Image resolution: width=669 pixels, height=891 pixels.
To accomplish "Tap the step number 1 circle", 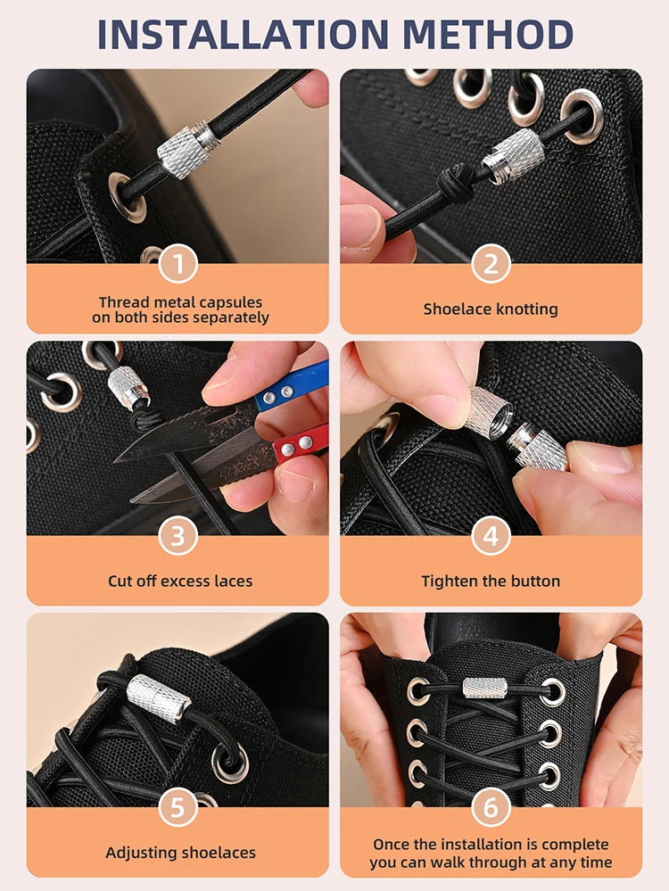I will [x=178, y=265].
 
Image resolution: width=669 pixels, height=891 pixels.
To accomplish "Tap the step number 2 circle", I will [x=491, y=265].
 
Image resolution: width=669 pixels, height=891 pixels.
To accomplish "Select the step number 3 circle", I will [x=178, y=536].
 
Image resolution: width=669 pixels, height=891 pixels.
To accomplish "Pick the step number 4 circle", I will [x=491, y=536].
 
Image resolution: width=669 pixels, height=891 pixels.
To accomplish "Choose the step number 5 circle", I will [x=178, y=808].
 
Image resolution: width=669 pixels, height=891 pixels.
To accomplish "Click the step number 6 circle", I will [x=491, y=808].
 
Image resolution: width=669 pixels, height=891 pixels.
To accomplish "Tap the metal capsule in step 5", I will [x=159, y=697].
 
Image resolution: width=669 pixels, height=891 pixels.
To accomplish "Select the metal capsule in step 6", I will [x=485, y=688].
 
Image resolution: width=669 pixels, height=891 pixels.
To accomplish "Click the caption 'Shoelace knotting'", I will [x=491, y=309].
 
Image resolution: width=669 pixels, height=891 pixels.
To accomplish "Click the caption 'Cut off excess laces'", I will [x=180, y=582].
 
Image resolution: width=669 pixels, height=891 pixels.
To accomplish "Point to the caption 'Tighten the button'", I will [x=491, y=582].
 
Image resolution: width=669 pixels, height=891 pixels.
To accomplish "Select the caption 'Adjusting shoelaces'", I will [x=180, y=854].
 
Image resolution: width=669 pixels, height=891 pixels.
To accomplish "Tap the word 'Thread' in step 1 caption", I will [x=122, y=302].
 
